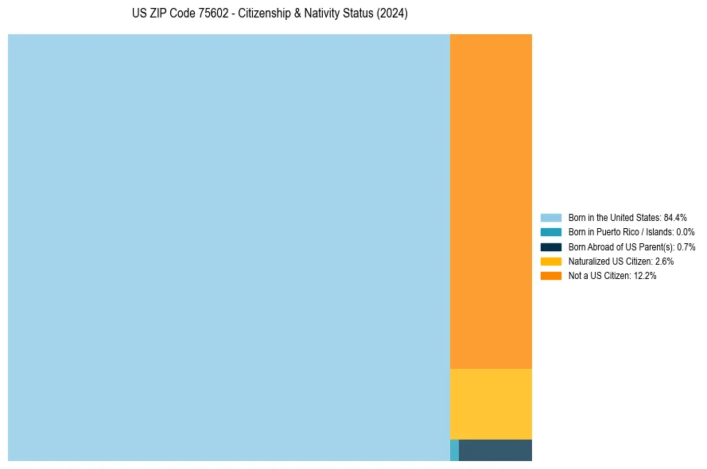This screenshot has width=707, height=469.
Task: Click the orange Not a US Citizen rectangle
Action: [x=491, y=201]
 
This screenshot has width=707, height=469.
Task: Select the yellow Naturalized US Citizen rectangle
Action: [x=491, y=404]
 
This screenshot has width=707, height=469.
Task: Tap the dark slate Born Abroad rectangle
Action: [x=495, y=450]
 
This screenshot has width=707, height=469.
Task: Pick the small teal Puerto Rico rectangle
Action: [x=454, y=450]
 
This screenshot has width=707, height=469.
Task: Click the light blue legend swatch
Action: [x=550, y=217]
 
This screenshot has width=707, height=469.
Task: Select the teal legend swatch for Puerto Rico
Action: [x=550, y=232]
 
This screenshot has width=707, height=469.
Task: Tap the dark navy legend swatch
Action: [x=550, y=246]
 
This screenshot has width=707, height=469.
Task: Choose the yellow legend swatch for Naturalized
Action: [x=550, y=261]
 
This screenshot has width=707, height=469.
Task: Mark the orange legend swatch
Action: [x=550, y=276]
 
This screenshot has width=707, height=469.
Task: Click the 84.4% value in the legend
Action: [x=675, y=217]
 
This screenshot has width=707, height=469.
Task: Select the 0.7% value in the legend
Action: [x=686, y=246]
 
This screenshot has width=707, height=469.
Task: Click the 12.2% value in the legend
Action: [x=645, y=276]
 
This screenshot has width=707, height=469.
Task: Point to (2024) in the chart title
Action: [x=392, y=14]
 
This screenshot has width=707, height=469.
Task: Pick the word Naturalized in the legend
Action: [x=589, y=261]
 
